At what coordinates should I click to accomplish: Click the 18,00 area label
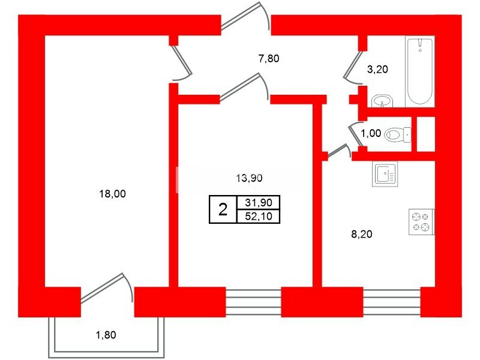[x=112, y=194]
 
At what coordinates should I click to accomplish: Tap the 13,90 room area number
[x=249, y=178]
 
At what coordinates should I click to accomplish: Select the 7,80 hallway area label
[x=269, y=58]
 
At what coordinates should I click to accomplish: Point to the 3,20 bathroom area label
[x=377, y=70]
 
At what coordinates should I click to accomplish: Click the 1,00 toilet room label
[x=371, y=133]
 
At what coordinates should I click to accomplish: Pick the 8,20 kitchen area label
[x=362, y=234]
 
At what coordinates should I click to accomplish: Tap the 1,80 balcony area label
[x=106, y=335]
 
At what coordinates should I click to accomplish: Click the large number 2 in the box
[x=223, y=209]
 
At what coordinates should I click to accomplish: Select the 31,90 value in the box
[x=259, y=202]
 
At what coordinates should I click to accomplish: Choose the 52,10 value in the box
[x=259, y=217]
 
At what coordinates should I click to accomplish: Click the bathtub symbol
[x=420, y=71]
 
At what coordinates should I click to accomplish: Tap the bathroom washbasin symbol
[x=382, y=101]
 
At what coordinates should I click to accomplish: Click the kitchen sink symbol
[x=385, y=174]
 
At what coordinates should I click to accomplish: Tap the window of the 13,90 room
[x=253, y=302]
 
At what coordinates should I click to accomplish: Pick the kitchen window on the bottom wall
[x=392, y=302]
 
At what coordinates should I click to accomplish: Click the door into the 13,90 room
[x=244, y=87]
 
